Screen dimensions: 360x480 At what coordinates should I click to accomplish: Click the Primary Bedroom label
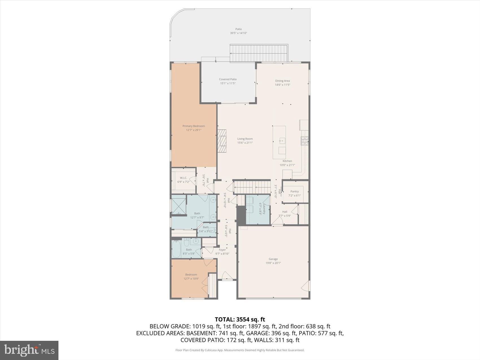[193, 126]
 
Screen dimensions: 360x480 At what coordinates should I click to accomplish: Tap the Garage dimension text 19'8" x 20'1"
[273, 263]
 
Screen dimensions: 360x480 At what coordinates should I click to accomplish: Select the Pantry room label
[294, 191]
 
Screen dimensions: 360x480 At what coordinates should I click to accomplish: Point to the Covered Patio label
[228, 79]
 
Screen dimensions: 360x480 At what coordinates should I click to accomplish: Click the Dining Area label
[282, 81]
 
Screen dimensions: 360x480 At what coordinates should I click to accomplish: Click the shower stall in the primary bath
[179, 207]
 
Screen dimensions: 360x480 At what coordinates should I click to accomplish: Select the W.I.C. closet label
[184, 178]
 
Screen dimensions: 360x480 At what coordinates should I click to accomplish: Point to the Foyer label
[222, 250]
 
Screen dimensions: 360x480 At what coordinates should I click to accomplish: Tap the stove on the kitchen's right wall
[304, 140]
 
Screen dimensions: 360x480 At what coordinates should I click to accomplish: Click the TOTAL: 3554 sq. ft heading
[240, 319]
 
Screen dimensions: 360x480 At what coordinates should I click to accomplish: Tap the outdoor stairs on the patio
[259, 53]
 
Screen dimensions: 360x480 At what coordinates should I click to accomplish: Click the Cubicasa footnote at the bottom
[240, 350]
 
